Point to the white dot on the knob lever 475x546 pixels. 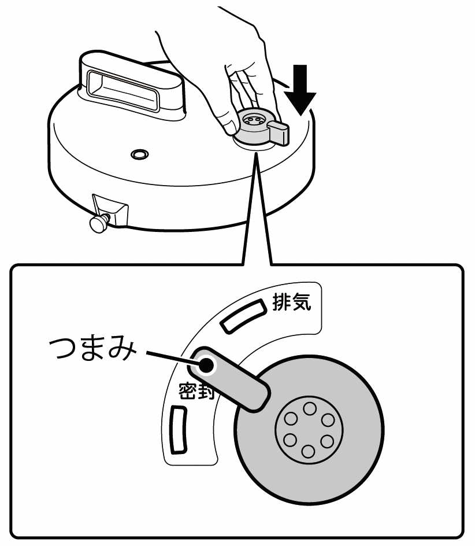point(206,364)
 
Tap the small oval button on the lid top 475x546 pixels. point(139,154)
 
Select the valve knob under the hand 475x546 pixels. point(254,124)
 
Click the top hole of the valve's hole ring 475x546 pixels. point(309,408)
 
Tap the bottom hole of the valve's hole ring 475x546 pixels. point(309,452)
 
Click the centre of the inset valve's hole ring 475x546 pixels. point(309,430)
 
